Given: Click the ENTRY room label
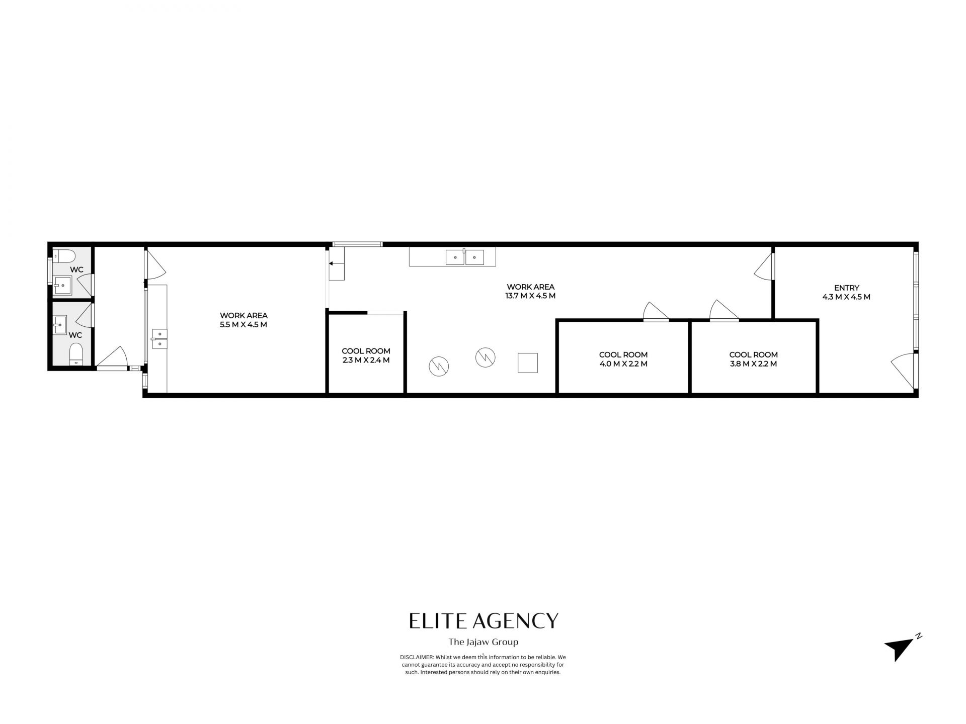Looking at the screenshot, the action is pyautogui.click(x=846, y=288).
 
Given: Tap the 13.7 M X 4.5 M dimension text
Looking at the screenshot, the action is pyautogui.click(x=530, y=296).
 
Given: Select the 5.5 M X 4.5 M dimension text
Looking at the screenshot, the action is pyautogui.click(x=244, y=324).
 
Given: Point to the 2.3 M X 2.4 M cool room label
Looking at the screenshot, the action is pyautogui.click(x=366, y=355).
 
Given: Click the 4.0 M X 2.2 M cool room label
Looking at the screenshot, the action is pyautogui.click(x=623, y=359).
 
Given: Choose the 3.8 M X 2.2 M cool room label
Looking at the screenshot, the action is pyautogui.click(x=753, y=359).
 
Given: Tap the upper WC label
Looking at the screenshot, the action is pyautogui.click(x=76, y=269).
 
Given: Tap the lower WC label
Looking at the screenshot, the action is pyautogui.click(x=75, y=335).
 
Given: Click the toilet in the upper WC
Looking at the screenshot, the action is pyautogui.click(x=64, y=256).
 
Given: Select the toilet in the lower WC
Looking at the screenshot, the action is pyautogui.click(x=76, y=353).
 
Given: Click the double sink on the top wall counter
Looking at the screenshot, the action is pyautogui.click(x=464, y=257).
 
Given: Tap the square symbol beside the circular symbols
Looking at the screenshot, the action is pyautogui.click(x=528, y=363).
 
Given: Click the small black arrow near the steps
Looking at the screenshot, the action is pyautogui.click(x=331, y=263).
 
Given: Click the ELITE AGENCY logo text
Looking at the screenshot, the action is pyautogui.click(x=484, y=621).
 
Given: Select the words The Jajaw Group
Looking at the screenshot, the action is pyautogui.click(x=483, y=642).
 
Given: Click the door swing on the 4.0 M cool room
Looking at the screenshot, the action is pyautogui.click(x=656, y=311).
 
